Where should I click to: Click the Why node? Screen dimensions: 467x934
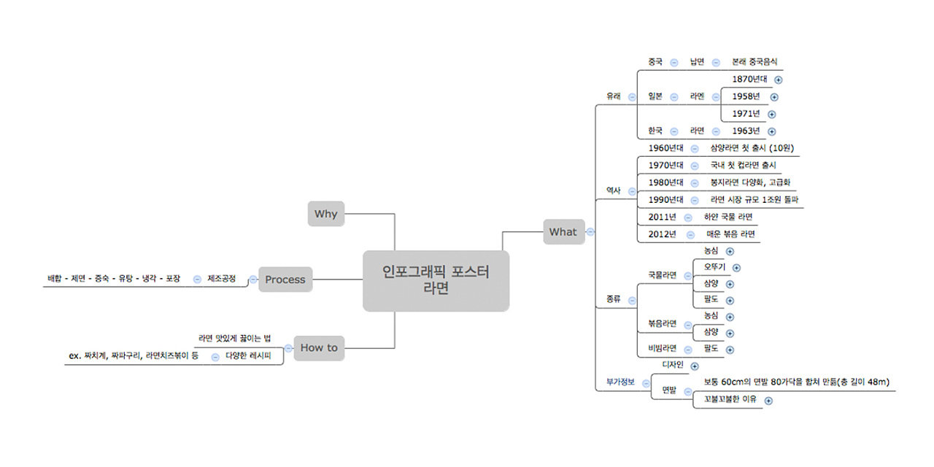(x=325, y=214)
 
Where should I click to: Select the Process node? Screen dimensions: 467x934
(x=285, y=279)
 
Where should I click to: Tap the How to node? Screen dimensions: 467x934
(x=319, y=348)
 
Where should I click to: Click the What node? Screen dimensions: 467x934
(x=563, y=232)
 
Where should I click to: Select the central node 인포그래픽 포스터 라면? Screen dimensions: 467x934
(x=436, y=280)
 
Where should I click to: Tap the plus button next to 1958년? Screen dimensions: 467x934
(x=774, y=97)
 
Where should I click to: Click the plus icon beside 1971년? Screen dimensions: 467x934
(x=772, y=114)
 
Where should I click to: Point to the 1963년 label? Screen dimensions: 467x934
(x=746, y=131)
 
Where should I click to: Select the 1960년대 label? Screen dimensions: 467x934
(x=665, y=148)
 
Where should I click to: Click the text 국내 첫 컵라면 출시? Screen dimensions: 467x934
(x=743, y=165)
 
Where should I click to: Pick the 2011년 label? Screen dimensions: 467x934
(x=663, y=217)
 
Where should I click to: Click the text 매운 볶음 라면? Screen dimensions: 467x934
(x=730, y=234)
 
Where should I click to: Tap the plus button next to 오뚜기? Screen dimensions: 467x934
(x=736, y=269)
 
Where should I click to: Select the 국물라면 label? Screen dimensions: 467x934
(x=663, y=275)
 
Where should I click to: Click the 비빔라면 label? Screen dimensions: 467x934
(x=663, y=348)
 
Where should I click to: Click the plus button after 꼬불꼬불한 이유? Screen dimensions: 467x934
(x=768, y=400)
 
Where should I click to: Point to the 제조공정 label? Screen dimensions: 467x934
(x=222, y=278)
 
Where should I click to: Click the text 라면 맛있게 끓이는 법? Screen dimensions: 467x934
(x=234, y=339)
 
